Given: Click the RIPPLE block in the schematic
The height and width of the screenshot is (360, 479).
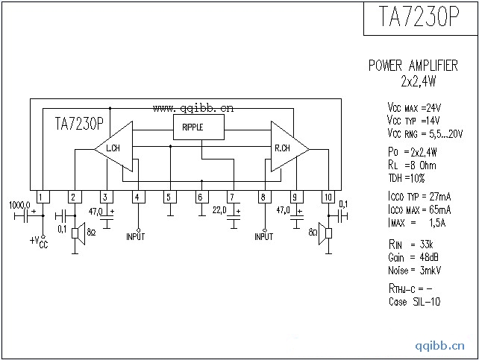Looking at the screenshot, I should (198, 127).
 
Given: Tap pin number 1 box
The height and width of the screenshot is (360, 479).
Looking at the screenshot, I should (43, 197).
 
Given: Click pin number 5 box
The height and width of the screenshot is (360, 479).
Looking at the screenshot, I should (169, 197).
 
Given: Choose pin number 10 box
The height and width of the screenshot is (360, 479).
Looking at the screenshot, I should (328, 197).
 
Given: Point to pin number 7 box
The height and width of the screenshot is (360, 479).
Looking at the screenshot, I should (232, 197).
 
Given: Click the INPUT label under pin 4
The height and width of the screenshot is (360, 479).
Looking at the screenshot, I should (136, 236).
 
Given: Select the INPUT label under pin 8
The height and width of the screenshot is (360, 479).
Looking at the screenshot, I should (264, 236).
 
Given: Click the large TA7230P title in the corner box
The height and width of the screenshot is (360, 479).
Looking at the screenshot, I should (419, 18).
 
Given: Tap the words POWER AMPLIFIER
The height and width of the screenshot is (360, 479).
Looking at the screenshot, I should (413, 66).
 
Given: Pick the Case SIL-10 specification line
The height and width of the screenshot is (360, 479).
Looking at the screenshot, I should (408, 302).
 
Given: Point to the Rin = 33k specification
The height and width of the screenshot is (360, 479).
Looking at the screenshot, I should (406, 244).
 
